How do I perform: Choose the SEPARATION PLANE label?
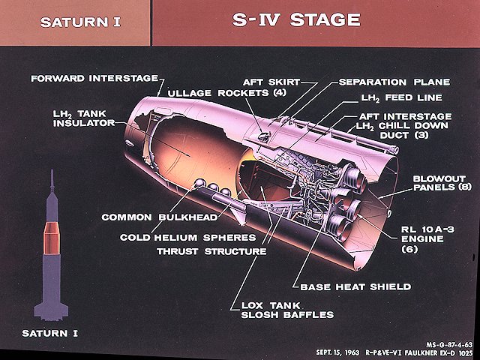pyautogui.click(x=394, y=82)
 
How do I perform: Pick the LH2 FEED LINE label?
pyautogui.click(x=401, y=97)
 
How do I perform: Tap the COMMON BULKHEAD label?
pyautogui.click(x=159, y=217)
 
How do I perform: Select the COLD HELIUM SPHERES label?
pyautogui.click(x=187, y=238)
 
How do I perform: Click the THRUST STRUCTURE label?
pyautogui.click(x=211, y=251)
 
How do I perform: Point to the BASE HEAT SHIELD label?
pyautogui.click(x=355, y=286)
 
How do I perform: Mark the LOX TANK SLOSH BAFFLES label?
pyautogui.click(x=287, y=310)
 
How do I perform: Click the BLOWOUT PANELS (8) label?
pyautogui.click(x=444, y=184)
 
